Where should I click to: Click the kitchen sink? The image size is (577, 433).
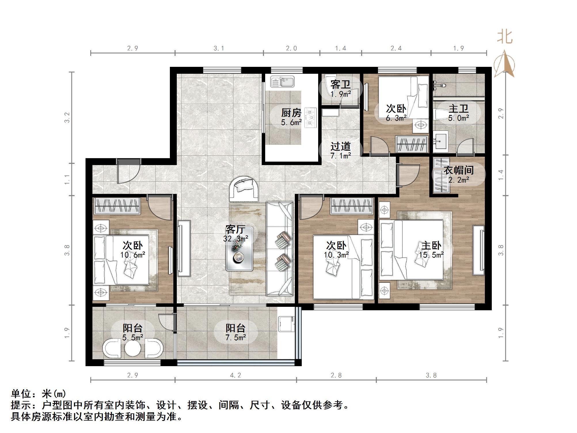coord(282,82)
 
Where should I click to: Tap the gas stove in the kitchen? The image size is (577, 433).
coord(310,117)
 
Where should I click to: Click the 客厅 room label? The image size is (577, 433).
coord(235,230)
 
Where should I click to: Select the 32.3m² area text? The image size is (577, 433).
coord(236,239)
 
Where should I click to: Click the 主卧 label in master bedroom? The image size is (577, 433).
coord(431,246)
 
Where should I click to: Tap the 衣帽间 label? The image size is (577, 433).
coord(458,170)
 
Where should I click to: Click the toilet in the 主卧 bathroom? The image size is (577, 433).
coord(441,115)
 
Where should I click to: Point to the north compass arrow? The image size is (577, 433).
coord(504,64)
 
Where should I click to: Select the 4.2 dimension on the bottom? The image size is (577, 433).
coord(236,375)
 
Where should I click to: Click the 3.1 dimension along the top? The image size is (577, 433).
coord(219,48)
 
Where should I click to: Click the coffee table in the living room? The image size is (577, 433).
coord(239,249)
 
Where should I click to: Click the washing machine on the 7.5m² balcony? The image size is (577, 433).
coord(286,324)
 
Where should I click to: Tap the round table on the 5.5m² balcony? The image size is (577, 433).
coord(133,348)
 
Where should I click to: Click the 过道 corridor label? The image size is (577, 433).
coord(340,147)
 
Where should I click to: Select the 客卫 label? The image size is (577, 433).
coord(340,85)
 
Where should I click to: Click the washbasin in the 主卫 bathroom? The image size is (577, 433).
coord(441,141)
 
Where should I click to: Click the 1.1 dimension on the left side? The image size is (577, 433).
coord(67,179)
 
